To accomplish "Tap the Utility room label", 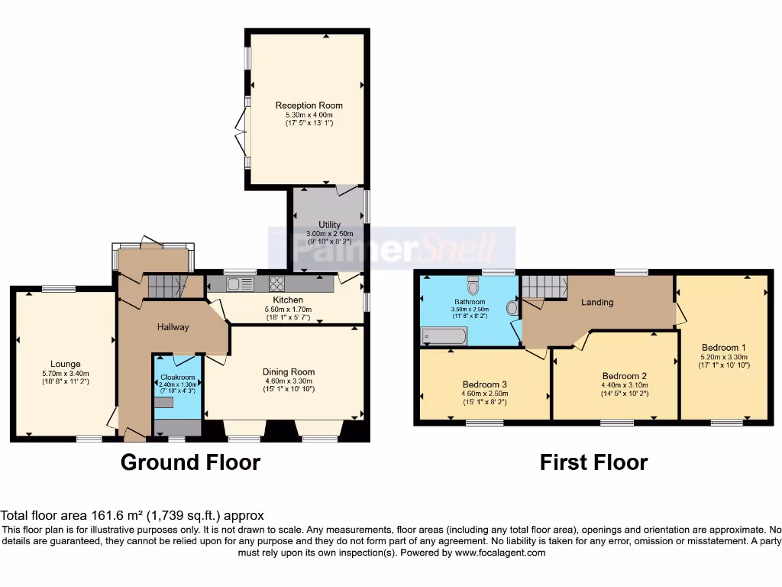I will (x=329, y=225).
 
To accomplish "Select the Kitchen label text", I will (x=288, y=300).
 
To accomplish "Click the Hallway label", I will (x=173, y=327).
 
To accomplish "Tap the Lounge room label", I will (x=66, y=364).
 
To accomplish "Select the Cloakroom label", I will (x=177, y=378).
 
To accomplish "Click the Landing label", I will (x=597, y=302).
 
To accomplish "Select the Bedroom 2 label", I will (x=625, y=376).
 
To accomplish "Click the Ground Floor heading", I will (x=190, y=462).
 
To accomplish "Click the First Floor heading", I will (x=593, y=462).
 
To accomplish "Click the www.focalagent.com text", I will (x=500, y=553).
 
